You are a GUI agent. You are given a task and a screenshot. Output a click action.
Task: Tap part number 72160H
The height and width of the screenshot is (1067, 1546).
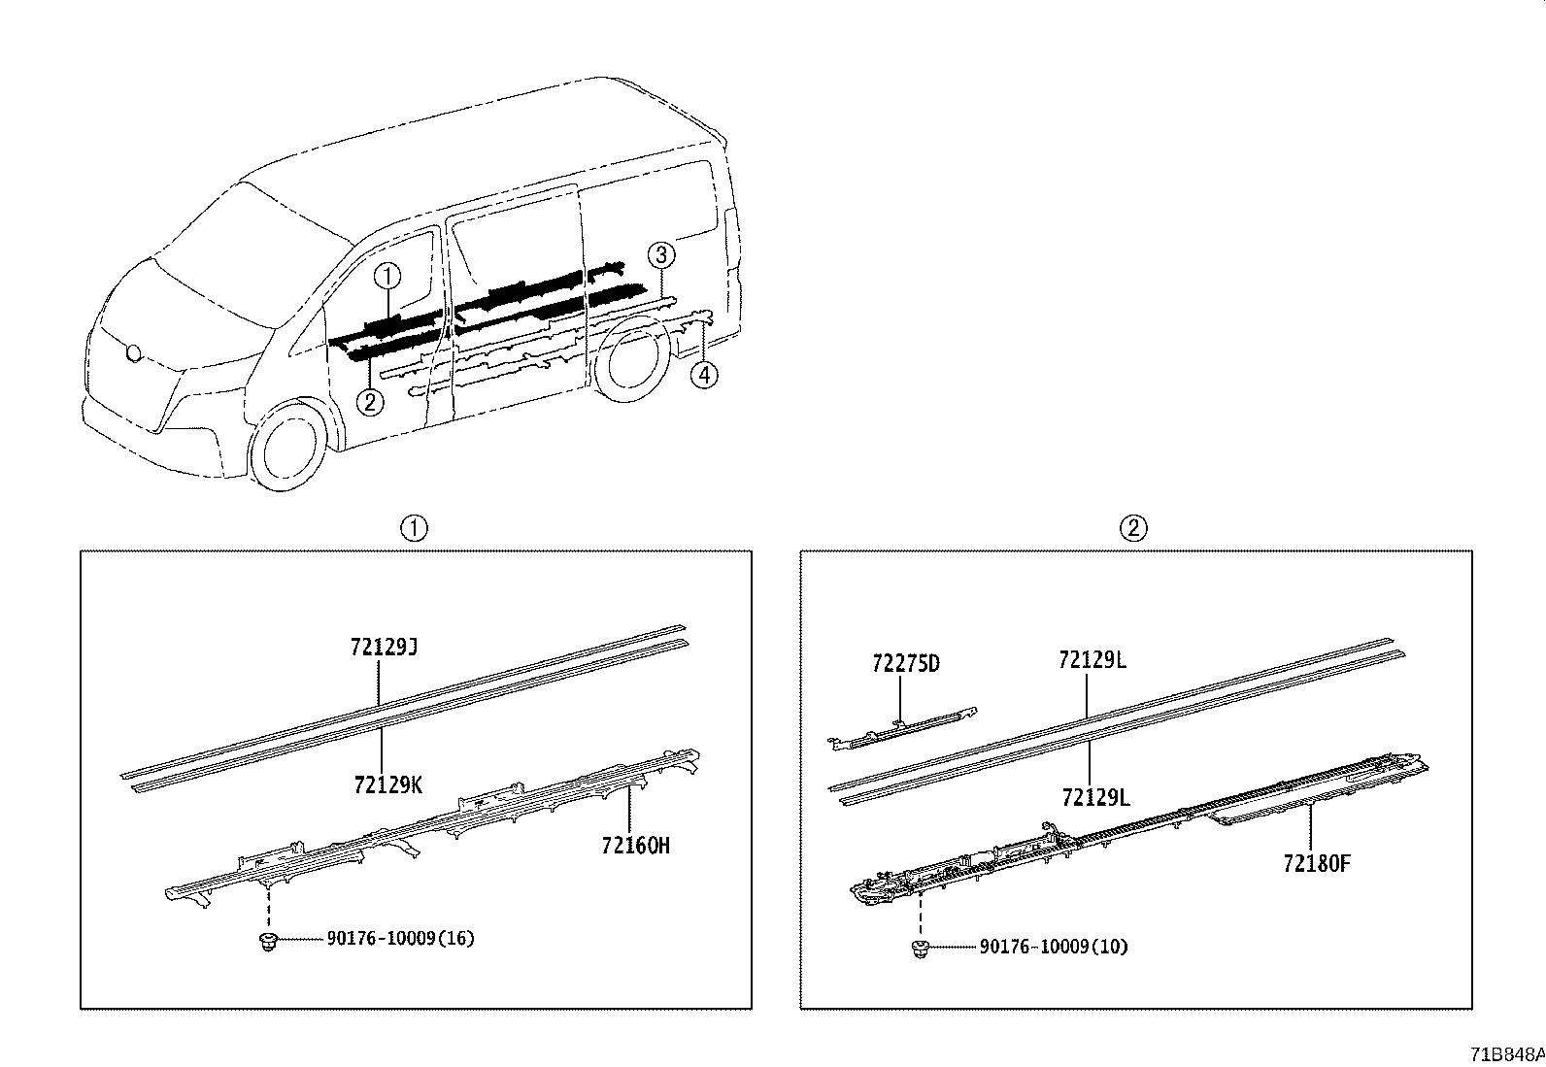(x=635, y=846)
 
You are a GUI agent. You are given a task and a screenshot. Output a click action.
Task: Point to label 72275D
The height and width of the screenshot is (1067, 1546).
(x=906, y=664)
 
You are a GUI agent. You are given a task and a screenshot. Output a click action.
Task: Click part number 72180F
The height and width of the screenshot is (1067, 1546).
(x=1316, y=863)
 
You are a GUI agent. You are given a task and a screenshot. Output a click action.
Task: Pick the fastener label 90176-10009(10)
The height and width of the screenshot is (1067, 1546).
(x=1054, y=946)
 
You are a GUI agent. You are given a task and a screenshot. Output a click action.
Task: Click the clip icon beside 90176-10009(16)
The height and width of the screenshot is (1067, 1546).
(x=268, y=940)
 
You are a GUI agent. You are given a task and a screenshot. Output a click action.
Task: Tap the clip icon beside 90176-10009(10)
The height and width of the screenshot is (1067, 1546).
(x=921, y=949)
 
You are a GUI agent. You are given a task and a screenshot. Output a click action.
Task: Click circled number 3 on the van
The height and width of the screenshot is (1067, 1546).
(x=660, y=256)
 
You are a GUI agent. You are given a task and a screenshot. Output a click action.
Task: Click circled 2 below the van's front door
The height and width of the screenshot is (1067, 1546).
(x=369, y=400)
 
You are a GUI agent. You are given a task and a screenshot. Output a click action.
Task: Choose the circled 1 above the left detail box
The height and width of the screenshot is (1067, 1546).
(x=415, y=528)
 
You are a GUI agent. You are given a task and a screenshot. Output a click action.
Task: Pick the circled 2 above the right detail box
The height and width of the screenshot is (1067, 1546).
(x=1133, y=528)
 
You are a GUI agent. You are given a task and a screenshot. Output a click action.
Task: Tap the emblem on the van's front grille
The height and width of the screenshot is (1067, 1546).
(x=132, y=354)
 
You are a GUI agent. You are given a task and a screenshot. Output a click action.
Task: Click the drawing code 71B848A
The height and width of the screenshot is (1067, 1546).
(x=1505, y=1054)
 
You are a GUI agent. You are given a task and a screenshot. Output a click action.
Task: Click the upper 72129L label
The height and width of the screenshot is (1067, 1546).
(x=1092, y=660)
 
